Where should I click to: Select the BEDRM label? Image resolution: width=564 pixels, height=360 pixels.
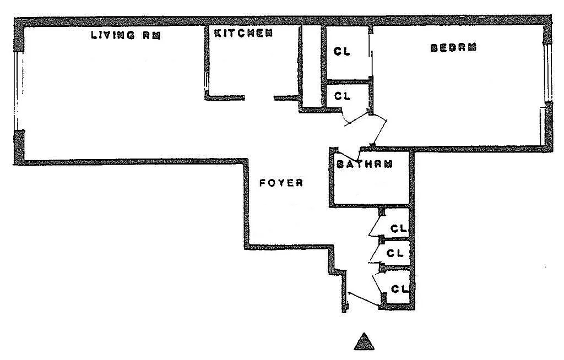pos(453,47)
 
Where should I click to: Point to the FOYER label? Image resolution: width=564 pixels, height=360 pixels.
pos(281,183)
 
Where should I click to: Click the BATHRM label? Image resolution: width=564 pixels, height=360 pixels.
pos(364,164)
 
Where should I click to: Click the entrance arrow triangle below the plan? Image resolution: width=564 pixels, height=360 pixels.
pos(364,342)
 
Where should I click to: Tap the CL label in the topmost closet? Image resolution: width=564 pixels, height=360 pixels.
pos(342,52)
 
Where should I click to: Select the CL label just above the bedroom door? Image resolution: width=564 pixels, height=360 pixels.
pos(343,96)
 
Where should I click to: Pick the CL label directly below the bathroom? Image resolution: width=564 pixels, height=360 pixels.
pos(398,227)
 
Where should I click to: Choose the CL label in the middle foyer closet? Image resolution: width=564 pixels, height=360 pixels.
pos(395,253)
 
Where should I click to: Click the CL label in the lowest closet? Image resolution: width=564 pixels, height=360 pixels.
pos(399,288)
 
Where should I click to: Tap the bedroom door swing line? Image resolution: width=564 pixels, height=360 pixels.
pos(379,132)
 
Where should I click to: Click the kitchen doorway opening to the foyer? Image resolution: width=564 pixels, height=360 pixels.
pos(259,98)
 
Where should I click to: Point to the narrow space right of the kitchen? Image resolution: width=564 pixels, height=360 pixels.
pos(312,66)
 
